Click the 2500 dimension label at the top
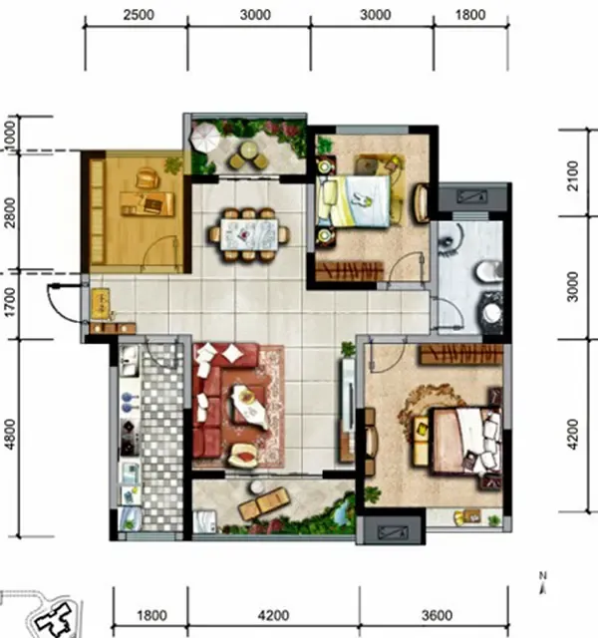[139, 15]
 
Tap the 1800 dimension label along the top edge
[470, 15]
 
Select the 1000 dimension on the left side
[9, 134]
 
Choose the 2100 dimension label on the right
[572, 175]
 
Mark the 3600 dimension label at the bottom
[437, 615]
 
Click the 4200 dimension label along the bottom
[273, 615]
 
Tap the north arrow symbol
[542, 583]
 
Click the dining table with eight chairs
[249, 235]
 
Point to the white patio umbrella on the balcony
[205, 137]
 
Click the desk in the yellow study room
[148, 203]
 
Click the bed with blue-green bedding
[354, 201]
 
